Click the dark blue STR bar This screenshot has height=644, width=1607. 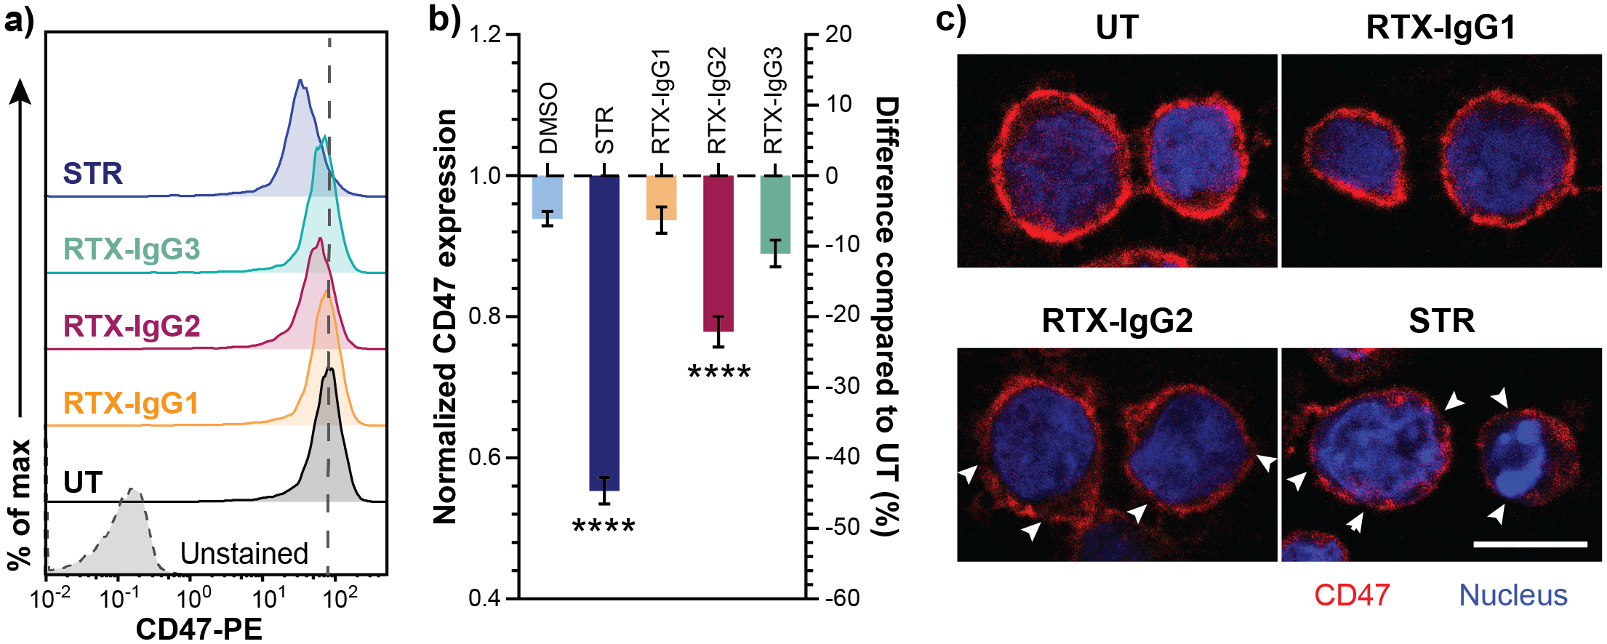[604, 333]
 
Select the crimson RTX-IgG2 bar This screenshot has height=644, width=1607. [718, 253]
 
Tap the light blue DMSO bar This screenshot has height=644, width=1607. [547, 197]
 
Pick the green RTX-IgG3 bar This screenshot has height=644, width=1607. [775, 214]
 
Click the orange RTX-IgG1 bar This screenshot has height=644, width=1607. [661, 198]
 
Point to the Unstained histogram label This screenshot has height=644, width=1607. [244, 554]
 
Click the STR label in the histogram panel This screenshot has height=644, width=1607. [92, 174]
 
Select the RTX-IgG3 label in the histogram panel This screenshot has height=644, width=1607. [131, 249]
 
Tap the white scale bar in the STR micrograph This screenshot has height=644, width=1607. [1530, 544]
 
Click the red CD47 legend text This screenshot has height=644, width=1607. [1352, 595]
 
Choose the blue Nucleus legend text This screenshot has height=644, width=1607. [1512, 595]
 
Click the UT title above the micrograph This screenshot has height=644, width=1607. [1116, 28]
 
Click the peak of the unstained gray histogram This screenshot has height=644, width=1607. [133, 491]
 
